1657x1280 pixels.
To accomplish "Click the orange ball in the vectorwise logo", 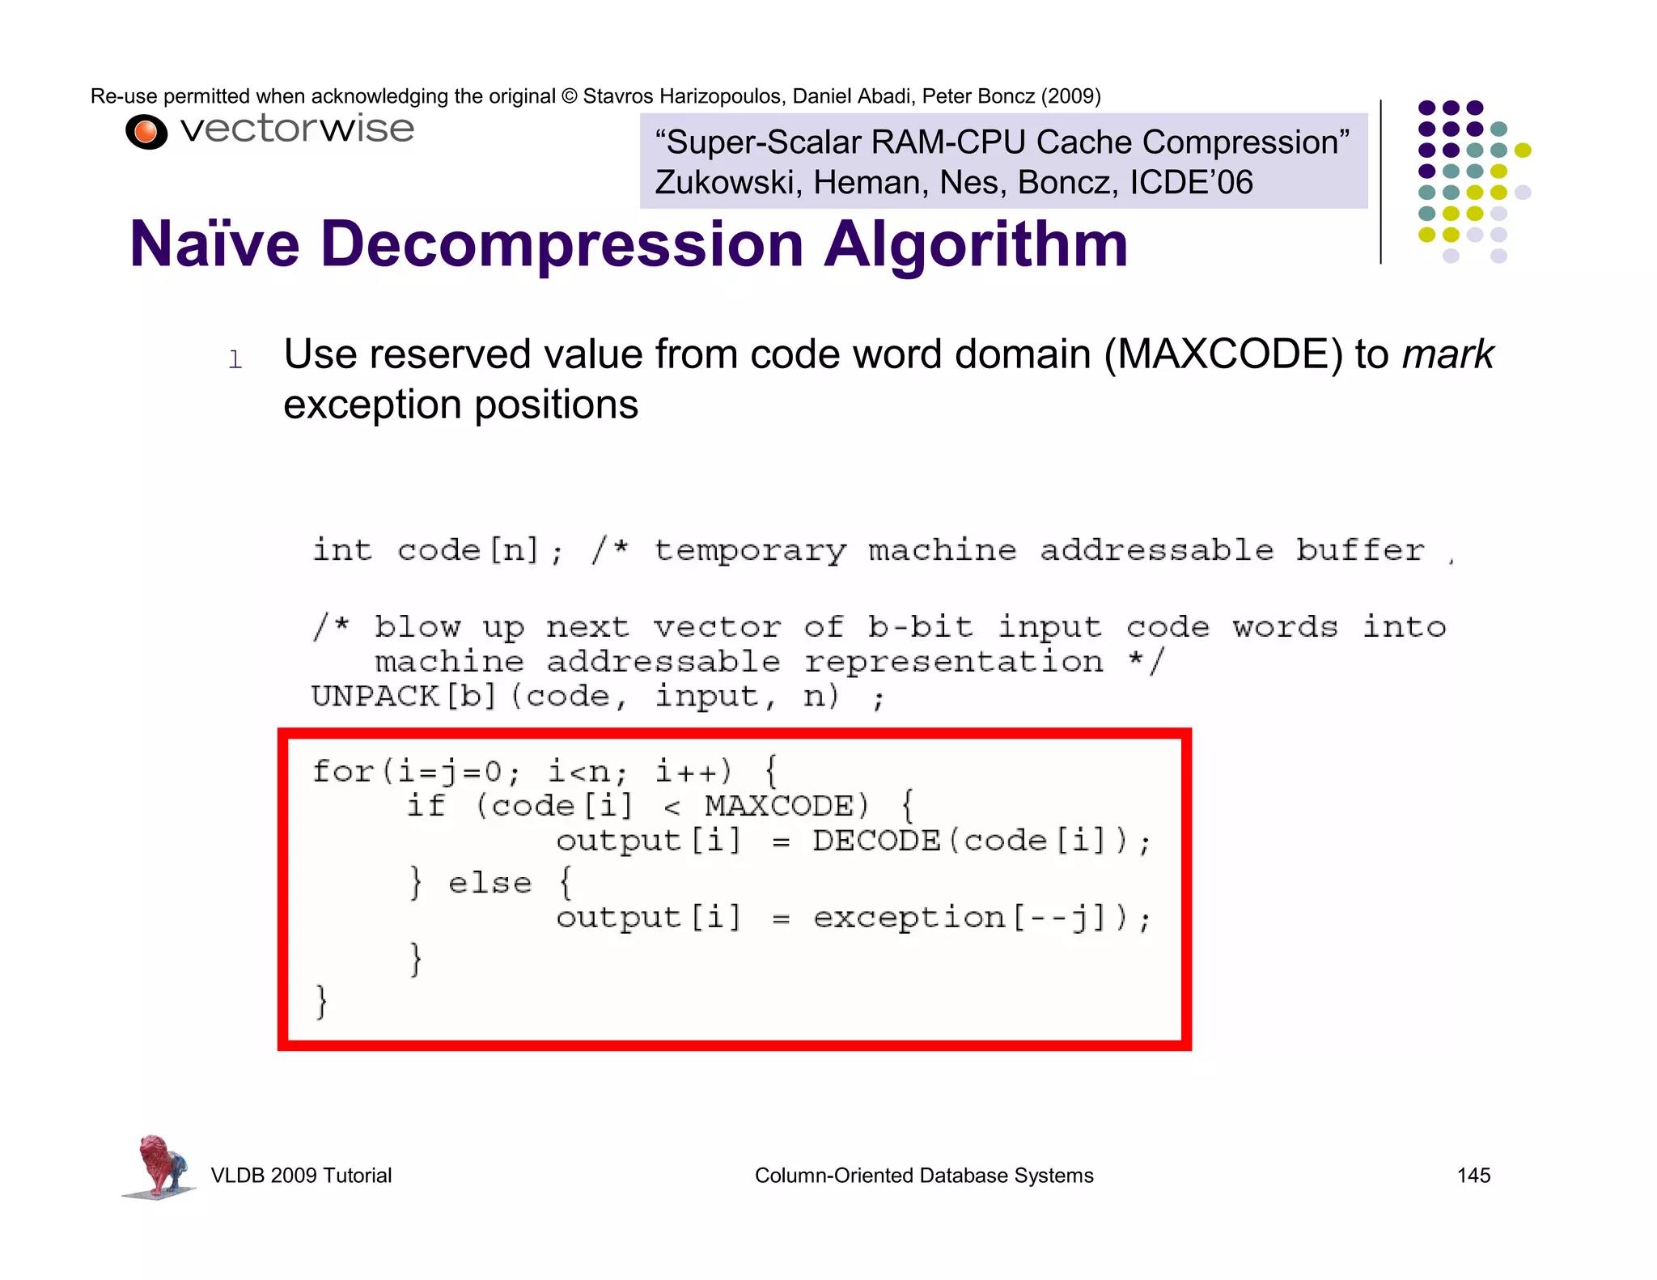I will [x=146, y=132].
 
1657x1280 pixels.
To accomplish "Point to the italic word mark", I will [x=1447, y=354].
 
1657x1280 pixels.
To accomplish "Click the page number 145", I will [x=1473, y=1175].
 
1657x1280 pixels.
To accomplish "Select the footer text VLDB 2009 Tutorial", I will [x=301, y=1175].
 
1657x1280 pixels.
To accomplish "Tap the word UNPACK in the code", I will [x=375, y=696].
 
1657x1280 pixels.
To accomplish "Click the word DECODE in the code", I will [x=876, y=841].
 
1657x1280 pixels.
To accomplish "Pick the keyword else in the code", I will [x=489, y=883].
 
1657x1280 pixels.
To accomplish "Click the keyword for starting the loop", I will [x=343, y=771].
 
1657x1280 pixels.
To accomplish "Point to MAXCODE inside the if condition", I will [x=779, y=806].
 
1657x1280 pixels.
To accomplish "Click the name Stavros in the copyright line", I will [x=617, y=96].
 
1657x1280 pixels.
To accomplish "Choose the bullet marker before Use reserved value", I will [x=235, y=359].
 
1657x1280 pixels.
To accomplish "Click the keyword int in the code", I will [x=342, y=550].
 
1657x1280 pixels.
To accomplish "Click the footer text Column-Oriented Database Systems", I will [x=924, y=1175].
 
